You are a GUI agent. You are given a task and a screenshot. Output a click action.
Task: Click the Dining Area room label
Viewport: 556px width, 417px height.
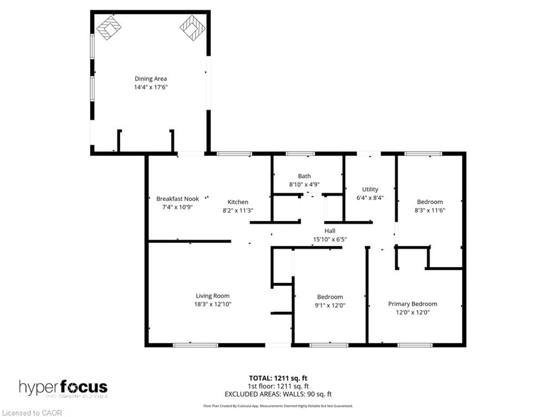[x=151, y=79]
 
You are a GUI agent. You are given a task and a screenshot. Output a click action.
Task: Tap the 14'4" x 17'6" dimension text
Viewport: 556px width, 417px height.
[x=151, y=87]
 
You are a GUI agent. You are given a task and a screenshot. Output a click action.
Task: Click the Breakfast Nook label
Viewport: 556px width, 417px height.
[x=178, y=199]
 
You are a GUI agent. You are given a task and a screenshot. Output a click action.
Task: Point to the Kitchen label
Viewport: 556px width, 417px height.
[x=238, y=202]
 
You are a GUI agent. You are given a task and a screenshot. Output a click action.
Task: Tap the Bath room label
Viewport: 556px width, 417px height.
[x=304, y=176]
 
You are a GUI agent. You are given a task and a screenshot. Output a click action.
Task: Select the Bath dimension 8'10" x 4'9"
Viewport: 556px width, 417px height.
[x=304, y=184]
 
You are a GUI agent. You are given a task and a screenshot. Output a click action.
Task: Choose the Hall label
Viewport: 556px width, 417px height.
[x=330, y=231]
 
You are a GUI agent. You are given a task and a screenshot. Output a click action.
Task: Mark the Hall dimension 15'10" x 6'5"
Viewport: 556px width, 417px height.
[x=330, y=239]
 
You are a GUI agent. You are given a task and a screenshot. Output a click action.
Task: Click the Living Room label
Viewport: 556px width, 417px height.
[x=213, y=296]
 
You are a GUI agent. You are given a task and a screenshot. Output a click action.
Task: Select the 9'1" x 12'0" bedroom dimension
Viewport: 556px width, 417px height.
[x=330, y=305]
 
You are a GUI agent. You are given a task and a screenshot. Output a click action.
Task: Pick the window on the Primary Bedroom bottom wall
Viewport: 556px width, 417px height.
[x=415, y=345]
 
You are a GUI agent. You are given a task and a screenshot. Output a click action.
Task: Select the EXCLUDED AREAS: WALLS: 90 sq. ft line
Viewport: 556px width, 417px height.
[x=278, y=394]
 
